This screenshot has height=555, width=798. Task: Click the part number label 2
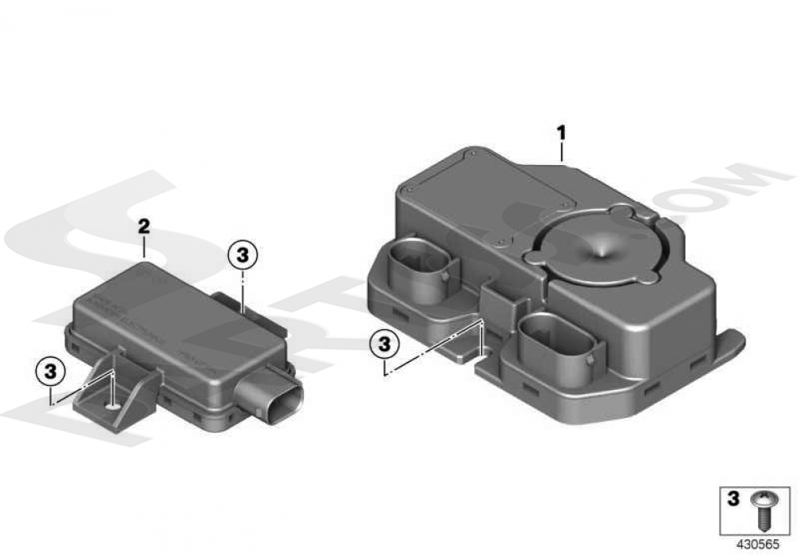[x=144, y=227]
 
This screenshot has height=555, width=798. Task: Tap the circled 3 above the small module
[x=243, y=254]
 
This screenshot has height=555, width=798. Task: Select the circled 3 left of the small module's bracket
[x=50, y=370]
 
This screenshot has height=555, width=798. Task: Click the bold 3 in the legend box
[x=733, y=499]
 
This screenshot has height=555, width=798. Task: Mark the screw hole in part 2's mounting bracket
[x=113, y=407]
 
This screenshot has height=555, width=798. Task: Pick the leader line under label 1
[x=562, y=151]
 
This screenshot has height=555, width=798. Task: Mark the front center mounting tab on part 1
[x=459, y=347]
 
